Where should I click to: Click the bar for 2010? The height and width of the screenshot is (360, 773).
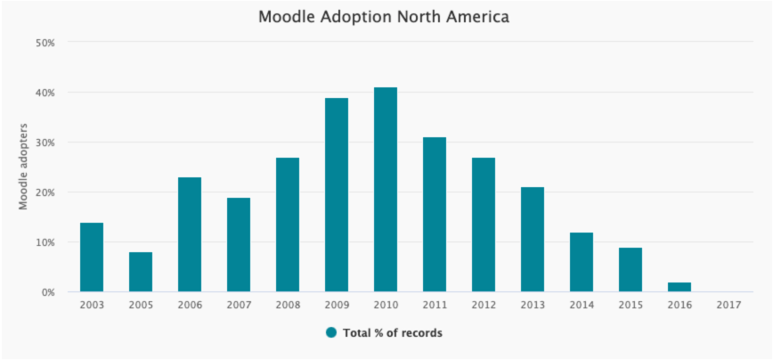point(386,190)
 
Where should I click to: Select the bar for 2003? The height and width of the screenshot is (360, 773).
point(92,257)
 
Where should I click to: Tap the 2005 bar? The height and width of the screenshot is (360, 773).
point(141,272)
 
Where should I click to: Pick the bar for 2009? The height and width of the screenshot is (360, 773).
point(337,195)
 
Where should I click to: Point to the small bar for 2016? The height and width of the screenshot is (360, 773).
point(679,287)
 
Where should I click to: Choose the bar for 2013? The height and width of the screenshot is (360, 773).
point(533,239)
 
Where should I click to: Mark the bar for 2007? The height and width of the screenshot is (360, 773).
point(239,244)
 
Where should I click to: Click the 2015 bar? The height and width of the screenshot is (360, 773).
point(631,270)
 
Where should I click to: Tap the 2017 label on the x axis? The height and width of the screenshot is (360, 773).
point(728,306)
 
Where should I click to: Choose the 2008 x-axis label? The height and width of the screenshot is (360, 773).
point(288,306)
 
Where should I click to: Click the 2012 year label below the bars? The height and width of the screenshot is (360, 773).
point(483,306)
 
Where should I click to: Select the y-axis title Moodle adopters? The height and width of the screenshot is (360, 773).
point(23,167)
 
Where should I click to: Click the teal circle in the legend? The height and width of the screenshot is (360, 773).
point(331,333)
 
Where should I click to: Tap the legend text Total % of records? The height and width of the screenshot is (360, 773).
point(393,333)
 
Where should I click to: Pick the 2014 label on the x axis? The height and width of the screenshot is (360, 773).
point(582,306)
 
